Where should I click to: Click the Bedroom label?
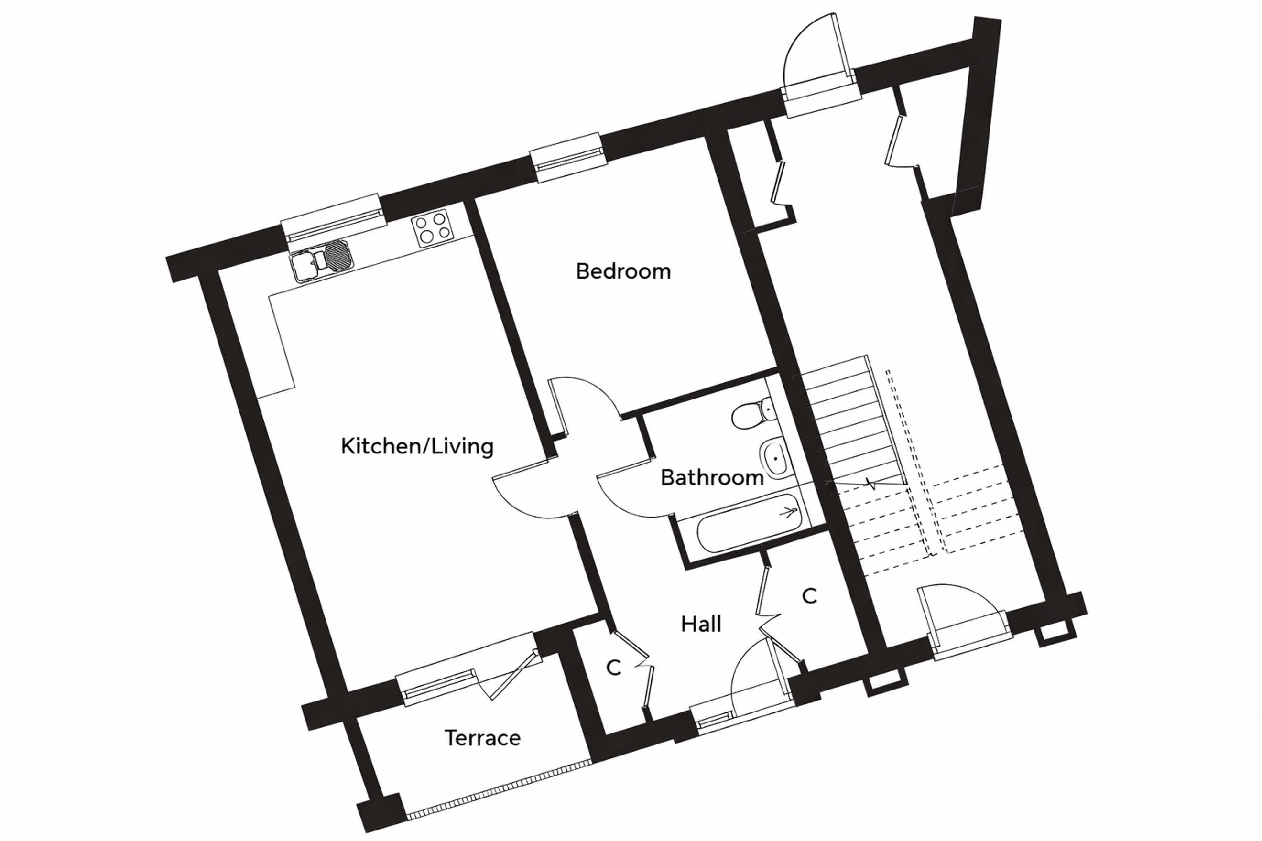point(623,271)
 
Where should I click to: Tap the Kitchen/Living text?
point(417,446)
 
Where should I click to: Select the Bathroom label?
point(712,477)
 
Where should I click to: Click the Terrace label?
point(482,738)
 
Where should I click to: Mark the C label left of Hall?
point(613,668)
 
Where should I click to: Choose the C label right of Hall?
point(809,595)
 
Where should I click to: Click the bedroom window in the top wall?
point(568,158)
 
